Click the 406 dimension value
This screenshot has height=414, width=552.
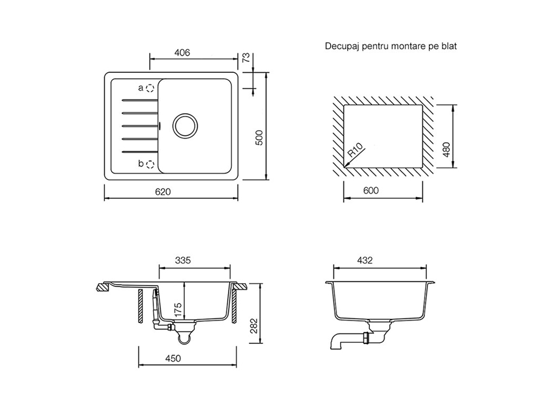tap(182, 53)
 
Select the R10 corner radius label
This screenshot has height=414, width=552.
tap(355, 151)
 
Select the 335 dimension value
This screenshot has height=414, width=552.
tap(183, 261)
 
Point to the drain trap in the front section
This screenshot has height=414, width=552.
tap(184, 335)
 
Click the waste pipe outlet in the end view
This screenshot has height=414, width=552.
tap(336, 343)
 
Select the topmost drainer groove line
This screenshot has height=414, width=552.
tap(139, 100)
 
